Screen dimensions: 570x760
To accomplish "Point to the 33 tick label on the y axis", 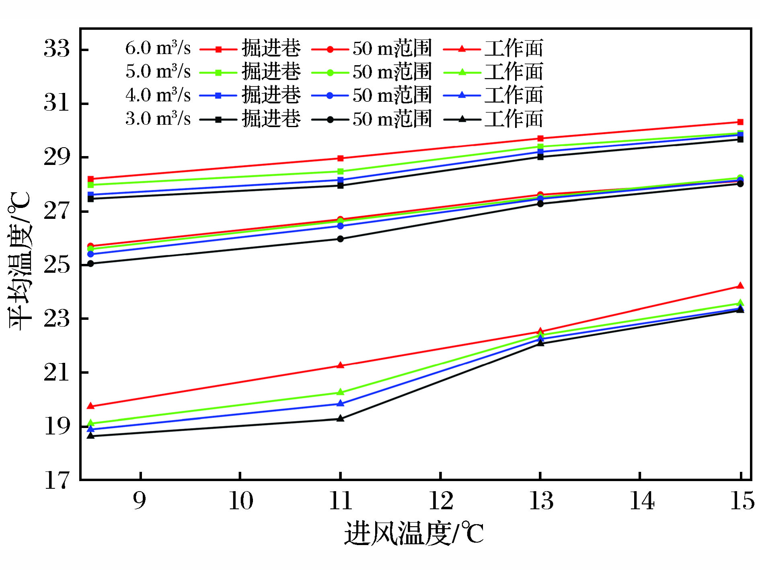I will coord(57,49).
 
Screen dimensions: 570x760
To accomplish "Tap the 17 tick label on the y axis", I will coord(57,480).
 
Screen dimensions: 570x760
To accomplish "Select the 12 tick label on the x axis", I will coord(441,501).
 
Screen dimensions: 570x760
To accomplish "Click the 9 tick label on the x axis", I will coord(140,501).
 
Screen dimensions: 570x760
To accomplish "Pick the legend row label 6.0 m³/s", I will coord(158,48).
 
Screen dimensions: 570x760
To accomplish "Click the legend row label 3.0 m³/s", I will coord(158,119).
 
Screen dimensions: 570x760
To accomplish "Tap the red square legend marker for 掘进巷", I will coord(218,49).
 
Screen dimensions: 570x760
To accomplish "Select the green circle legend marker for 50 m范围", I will coord(330,73).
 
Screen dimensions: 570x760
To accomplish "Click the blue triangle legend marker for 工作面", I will coord(462,96).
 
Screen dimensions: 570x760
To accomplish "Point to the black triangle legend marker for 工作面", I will coord(462,119).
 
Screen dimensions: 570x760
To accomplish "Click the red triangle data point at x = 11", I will coord(340,365).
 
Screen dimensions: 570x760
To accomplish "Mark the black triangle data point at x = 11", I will coord(340,418).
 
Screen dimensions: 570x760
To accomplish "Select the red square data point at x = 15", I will coord(740,122).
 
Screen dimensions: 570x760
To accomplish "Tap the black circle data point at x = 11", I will coord(340,239).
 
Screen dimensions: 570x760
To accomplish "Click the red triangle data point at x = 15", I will coord(740,286).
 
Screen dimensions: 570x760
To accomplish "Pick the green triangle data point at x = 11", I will coord(340,392).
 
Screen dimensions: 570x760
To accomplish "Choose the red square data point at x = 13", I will coord(540,138).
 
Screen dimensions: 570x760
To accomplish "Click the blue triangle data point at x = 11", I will coord(340,403).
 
